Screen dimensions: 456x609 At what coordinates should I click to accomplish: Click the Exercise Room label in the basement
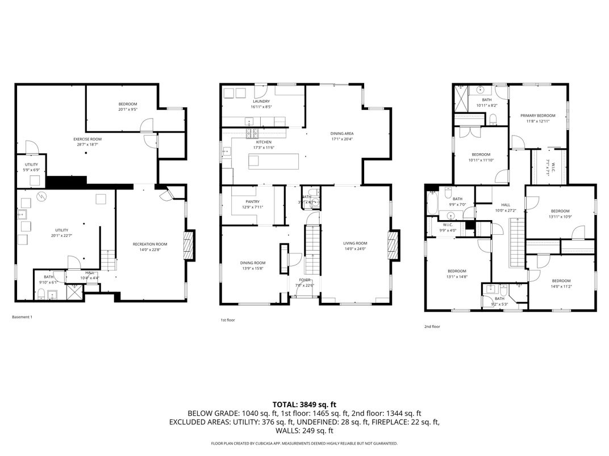point(87,139)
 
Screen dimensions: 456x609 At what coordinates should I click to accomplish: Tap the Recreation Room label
point(150,244)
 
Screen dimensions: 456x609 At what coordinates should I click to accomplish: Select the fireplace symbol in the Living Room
point(393,244)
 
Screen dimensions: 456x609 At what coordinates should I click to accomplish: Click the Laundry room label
point(261,102)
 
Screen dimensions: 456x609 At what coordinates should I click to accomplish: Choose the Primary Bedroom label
point(537,116)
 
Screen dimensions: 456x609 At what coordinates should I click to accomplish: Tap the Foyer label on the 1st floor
point(306,280)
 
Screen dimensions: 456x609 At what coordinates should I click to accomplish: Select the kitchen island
point(273,161)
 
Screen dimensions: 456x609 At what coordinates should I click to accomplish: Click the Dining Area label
point(342,133)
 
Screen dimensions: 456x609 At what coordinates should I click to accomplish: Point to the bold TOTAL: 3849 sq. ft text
point(304,404)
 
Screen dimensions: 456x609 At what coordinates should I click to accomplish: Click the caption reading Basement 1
point(22,317)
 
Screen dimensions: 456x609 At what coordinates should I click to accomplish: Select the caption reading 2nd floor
point(432,326)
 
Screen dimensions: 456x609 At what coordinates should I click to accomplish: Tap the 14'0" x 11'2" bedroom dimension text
point(561,286)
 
